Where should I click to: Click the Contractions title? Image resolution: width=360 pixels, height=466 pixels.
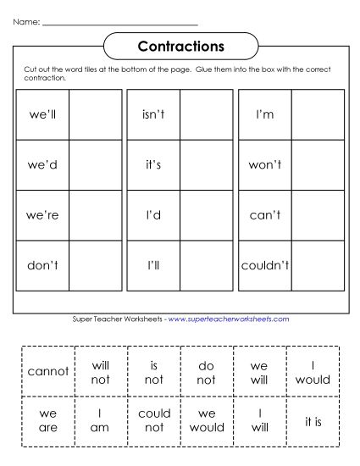click(180, 44)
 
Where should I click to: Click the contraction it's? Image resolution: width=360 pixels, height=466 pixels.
click(153, 164)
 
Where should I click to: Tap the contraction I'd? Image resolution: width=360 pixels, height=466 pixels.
click(153, 215)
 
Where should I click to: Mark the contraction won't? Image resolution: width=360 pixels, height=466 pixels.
click(264, 164)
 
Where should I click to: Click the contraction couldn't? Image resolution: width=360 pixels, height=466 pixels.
click(265, 265)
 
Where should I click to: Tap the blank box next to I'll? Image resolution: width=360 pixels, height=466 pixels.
click(206, 265)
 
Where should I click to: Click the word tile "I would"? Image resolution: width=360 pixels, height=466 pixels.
click(313, 371)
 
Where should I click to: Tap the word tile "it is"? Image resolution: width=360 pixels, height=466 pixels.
click(313, 421)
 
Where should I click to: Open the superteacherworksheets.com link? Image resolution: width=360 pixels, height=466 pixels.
click(229, 319)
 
